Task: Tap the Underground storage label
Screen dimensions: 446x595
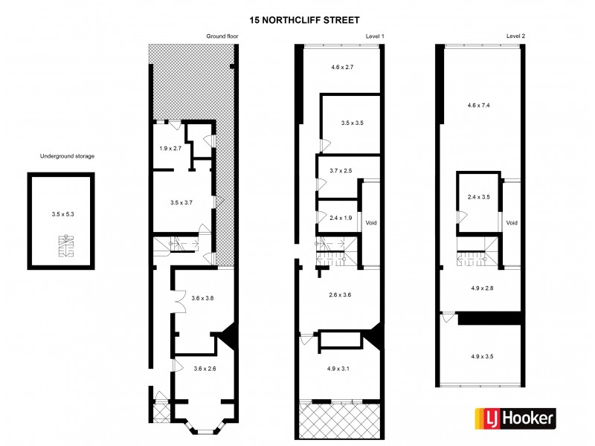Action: coord(68,156)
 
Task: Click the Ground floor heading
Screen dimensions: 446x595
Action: coord(221,36)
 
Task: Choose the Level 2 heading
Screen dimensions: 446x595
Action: coord(515,36)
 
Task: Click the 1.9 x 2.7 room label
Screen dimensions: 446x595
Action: coord(170,148)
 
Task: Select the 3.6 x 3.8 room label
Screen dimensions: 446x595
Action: coord(202,298)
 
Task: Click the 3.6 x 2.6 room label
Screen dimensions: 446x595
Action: coord(205,369)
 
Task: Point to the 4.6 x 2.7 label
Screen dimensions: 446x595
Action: coord(341,67)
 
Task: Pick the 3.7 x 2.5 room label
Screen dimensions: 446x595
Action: coord(340,171)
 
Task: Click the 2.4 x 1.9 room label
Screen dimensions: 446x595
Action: coord(339,218)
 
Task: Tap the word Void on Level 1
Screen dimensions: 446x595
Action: coord(370,222)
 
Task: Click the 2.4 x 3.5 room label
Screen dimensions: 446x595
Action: coord(479,197)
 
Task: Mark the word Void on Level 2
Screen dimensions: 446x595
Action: coord(511,222)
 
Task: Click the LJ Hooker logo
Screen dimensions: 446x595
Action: coord(515,418)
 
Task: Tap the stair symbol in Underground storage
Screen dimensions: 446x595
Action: coord(67,245)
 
